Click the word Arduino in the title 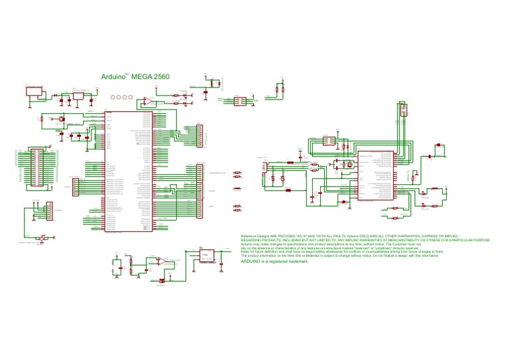pos(113,77)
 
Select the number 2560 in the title pos(161,77)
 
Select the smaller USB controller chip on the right pos(376,176)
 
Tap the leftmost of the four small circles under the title pos(113,97)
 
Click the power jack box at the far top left pos(35,91)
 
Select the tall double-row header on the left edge pos(36,166)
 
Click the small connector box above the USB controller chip pos(404,110)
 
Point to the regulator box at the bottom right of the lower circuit pos(206,256)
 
